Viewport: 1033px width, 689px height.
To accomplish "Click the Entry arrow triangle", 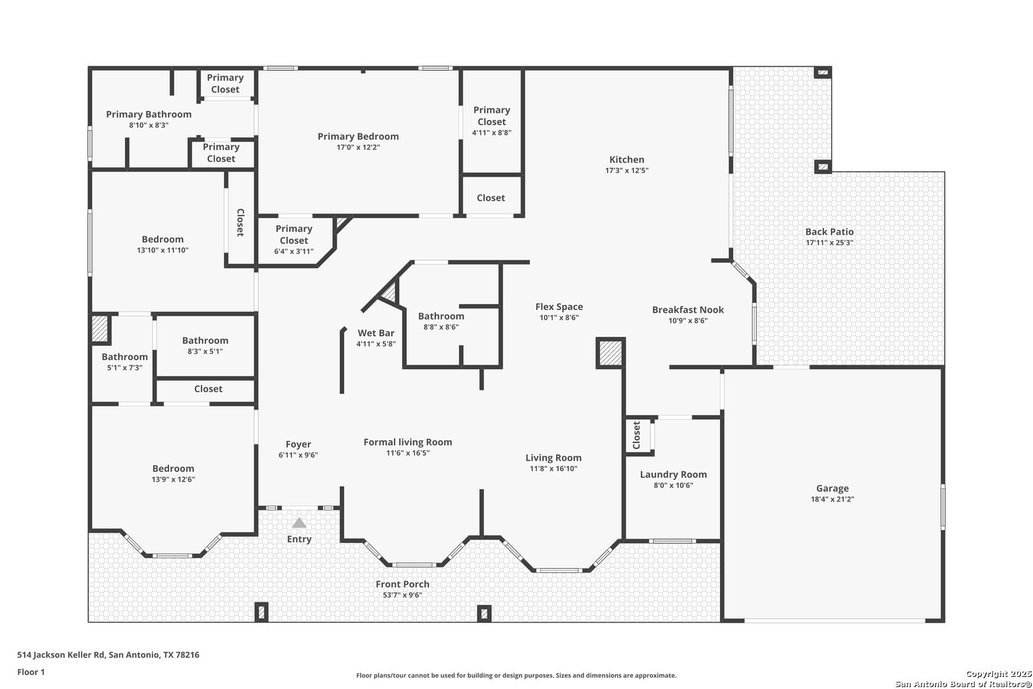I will pos(299,523).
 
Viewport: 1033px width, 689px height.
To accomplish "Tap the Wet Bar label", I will pos(376,333).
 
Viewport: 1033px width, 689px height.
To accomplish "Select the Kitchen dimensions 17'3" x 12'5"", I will pos(627,171).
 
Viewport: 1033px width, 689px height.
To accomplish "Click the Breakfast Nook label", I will pos(687,310).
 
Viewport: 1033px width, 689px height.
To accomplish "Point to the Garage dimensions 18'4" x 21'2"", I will pos(832,500).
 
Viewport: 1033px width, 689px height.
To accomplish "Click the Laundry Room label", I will pos(673,475).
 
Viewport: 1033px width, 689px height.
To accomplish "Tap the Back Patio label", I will pos(829,232).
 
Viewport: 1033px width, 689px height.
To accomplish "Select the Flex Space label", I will pos(559,307).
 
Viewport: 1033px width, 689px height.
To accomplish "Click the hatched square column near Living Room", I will pos(610,353).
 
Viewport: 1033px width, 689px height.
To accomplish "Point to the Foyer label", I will pos(298,445).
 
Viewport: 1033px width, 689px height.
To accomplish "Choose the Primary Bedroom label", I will pos(358,137).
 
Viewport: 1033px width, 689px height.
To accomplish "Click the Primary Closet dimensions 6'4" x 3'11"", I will pos(294,251).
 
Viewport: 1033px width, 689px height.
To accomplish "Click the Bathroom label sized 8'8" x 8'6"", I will pos(441,316).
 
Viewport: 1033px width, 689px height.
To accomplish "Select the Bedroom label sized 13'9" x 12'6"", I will pos(173,468).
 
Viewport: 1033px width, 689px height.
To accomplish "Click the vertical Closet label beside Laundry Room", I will pos(636,435).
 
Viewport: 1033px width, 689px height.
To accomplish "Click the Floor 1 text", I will pos(31,672).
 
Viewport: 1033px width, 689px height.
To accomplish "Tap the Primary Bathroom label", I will pos(149,115).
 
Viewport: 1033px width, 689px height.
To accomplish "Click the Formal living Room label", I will pos(407,442).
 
